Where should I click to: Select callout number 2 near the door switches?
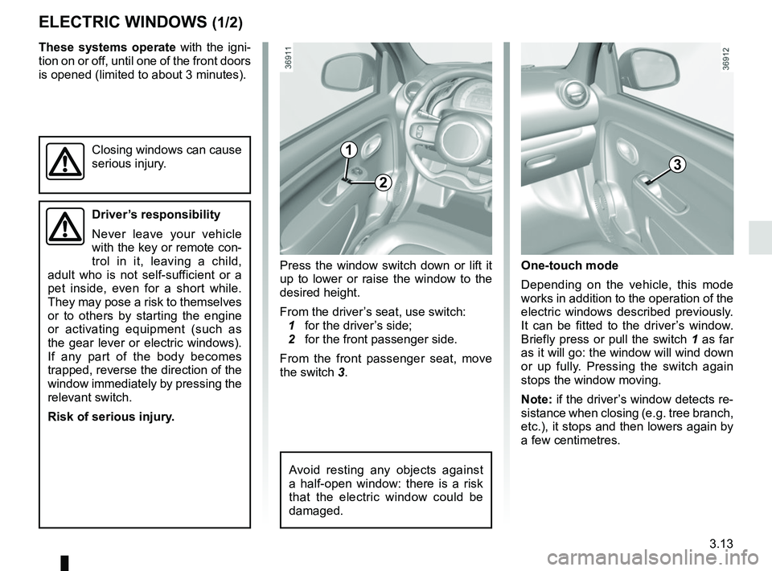tap(384, 183)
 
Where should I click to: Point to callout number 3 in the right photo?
tap(677, 165)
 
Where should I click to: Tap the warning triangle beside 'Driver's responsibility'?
tap(62, 228)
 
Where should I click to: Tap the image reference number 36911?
tap(287, 59)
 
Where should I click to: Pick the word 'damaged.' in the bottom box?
tap(316, 511)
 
